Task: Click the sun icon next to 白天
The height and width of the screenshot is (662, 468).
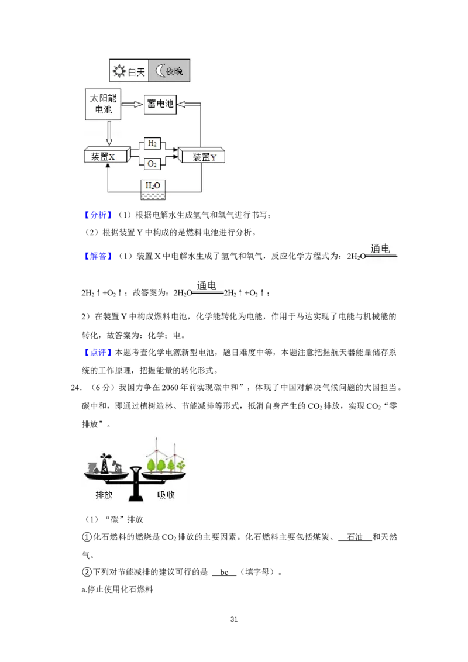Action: pos(119,73)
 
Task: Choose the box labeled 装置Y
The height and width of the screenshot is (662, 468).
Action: pos(202,156)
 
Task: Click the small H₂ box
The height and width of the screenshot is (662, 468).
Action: pos(152,143)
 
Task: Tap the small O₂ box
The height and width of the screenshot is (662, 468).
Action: pos(152,164)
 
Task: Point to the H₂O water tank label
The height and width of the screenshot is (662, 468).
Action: pos(152,185)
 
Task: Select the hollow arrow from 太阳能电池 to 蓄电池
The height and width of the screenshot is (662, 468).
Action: pos(135,105)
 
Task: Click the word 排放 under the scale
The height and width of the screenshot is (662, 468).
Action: pos(105,494)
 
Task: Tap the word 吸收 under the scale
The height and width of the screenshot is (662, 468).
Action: pos(166,494)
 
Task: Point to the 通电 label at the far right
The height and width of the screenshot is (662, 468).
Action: pos(381,250)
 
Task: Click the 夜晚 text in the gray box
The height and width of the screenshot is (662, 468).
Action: pos(173,73)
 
